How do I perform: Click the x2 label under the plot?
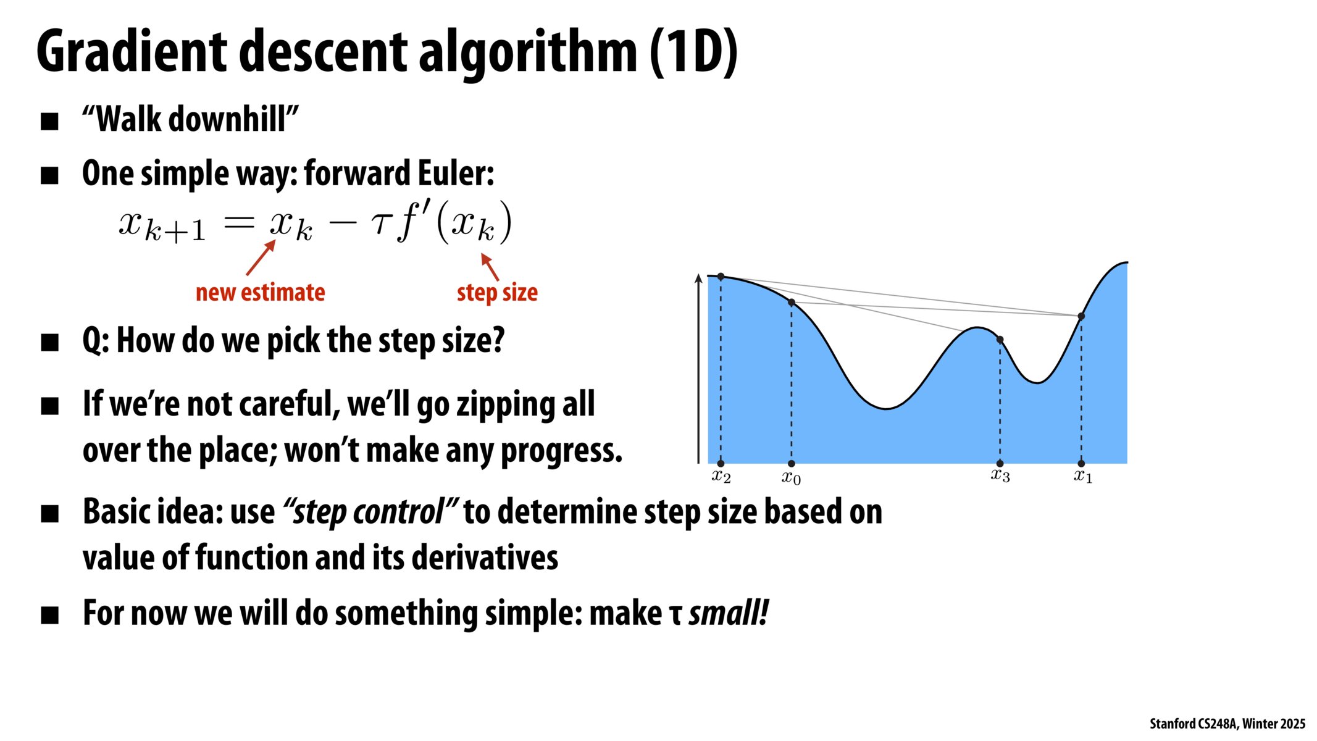pos(721,476)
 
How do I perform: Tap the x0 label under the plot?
pos(791,477)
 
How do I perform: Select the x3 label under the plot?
pos(1000,475)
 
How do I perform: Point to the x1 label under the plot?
pos(1083,476)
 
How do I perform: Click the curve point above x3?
pos(1000,340)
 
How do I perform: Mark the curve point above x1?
pos(1081,316)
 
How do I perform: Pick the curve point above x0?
pos(792,302)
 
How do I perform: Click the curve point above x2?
pos(721,277)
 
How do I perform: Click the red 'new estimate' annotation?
pos(260,292)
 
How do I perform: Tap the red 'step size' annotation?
pos(497,293)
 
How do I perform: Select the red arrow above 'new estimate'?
pos(261,257)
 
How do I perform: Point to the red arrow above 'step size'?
pos(490,267)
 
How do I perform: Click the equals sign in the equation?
pos(239,223)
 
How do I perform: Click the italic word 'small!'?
pos(729,613)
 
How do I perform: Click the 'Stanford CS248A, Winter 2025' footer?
pos(1227,724)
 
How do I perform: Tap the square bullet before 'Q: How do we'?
pos(49,342)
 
